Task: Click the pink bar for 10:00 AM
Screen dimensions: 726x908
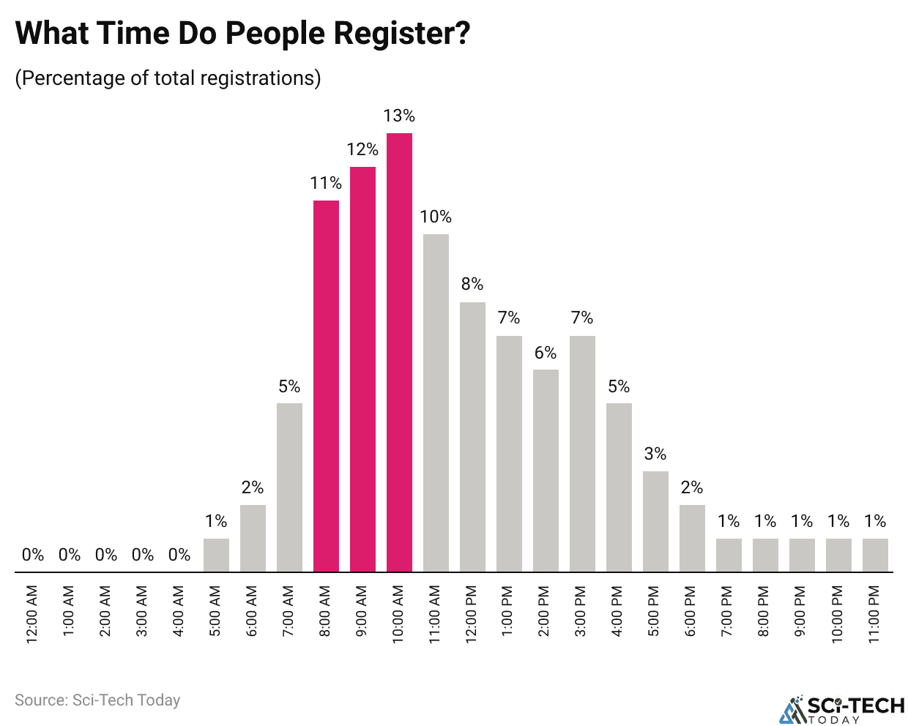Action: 399,351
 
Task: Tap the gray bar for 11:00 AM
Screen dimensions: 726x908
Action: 436,403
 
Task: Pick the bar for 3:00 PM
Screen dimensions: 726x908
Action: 582,454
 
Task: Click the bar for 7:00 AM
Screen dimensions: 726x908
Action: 289,487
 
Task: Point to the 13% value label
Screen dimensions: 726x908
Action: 399,116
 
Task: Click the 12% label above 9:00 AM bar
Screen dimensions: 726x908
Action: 362,149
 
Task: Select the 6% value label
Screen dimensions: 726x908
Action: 546,353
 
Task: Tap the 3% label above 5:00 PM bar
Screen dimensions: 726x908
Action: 655,454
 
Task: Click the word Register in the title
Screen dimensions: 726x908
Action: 396,34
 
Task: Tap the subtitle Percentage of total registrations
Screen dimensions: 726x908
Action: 168,78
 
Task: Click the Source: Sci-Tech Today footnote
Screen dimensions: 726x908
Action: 97,700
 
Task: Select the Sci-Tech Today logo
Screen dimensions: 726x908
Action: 842,708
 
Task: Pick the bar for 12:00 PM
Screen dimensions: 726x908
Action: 472,436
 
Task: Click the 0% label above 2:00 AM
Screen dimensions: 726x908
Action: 106,555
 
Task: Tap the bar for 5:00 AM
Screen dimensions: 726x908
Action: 216,555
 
